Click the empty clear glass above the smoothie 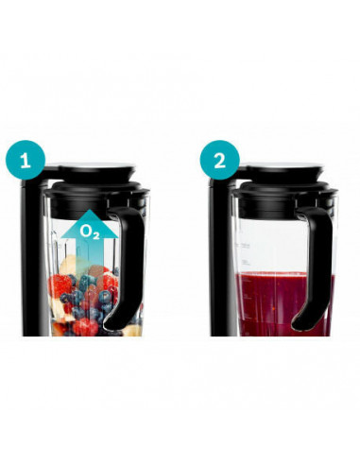pyautogui.click(x=274, y=236)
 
